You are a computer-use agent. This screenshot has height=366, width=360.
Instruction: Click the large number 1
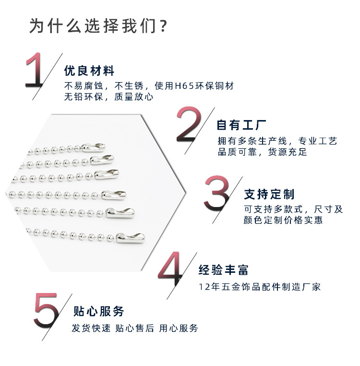[x=36, y=71]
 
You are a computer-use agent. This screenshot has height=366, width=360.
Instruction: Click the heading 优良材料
[x=89, y=72]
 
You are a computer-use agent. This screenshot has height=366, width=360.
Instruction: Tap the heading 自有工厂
[x=241, y=125]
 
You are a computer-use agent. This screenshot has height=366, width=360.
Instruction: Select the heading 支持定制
[x=269, y=195]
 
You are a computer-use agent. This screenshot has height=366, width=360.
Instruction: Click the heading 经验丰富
[x=224, y=270]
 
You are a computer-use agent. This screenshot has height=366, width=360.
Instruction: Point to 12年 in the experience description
[x=208, y=287]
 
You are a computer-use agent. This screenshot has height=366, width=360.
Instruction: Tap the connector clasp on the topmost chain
[x=93, y=147]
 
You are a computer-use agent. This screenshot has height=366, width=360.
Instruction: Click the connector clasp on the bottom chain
[x=132, y=237]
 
